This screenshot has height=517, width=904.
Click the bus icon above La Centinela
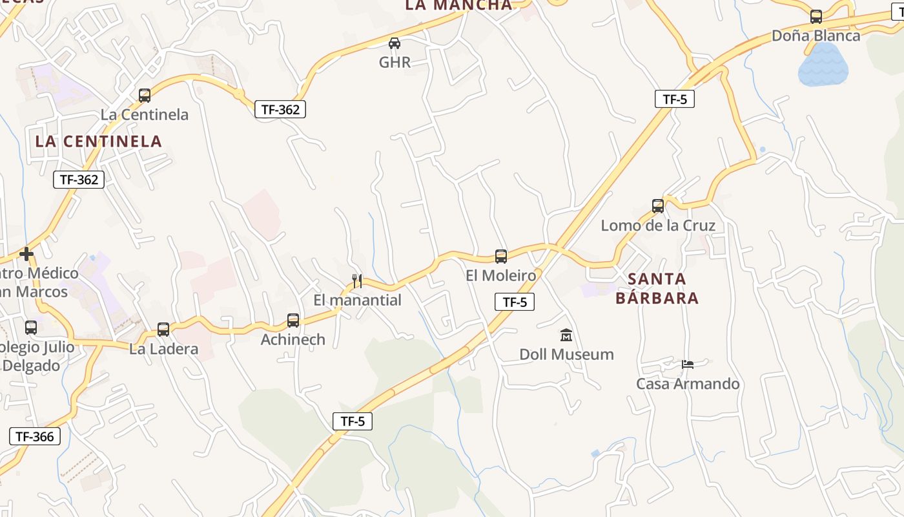point(145,96)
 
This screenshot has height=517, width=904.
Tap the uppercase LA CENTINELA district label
point(98,141)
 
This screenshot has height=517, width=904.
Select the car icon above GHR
point(394,43)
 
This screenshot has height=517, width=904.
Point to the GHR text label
point(395,62)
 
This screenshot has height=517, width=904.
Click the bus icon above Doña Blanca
point(816,17)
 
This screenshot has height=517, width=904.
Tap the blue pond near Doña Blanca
point(823,65)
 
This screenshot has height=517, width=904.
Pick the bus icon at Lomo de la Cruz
point(658,206)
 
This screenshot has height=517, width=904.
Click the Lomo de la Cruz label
point(658,226)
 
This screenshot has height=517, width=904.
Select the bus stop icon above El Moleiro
point(501,257)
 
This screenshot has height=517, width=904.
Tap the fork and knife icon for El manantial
point(356,281)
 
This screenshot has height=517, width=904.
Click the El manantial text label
point(357,300)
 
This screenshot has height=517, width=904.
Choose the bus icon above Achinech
point(293,321)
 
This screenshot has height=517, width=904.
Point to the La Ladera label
point(163,349)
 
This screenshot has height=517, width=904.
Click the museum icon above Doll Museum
point(566,335)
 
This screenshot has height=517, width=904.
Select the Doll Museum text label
point(566,354)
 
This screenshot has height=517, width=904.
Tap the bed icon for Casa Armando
point(688,364)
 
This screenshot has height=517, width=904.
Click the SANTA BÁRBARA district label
point(657,288)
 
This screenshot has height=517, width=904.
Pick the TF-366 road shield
point(35,436)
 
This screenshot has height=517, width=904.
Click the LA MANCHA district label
point(458,5)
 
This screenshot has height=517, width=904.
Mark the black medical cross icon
point(26,254)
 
